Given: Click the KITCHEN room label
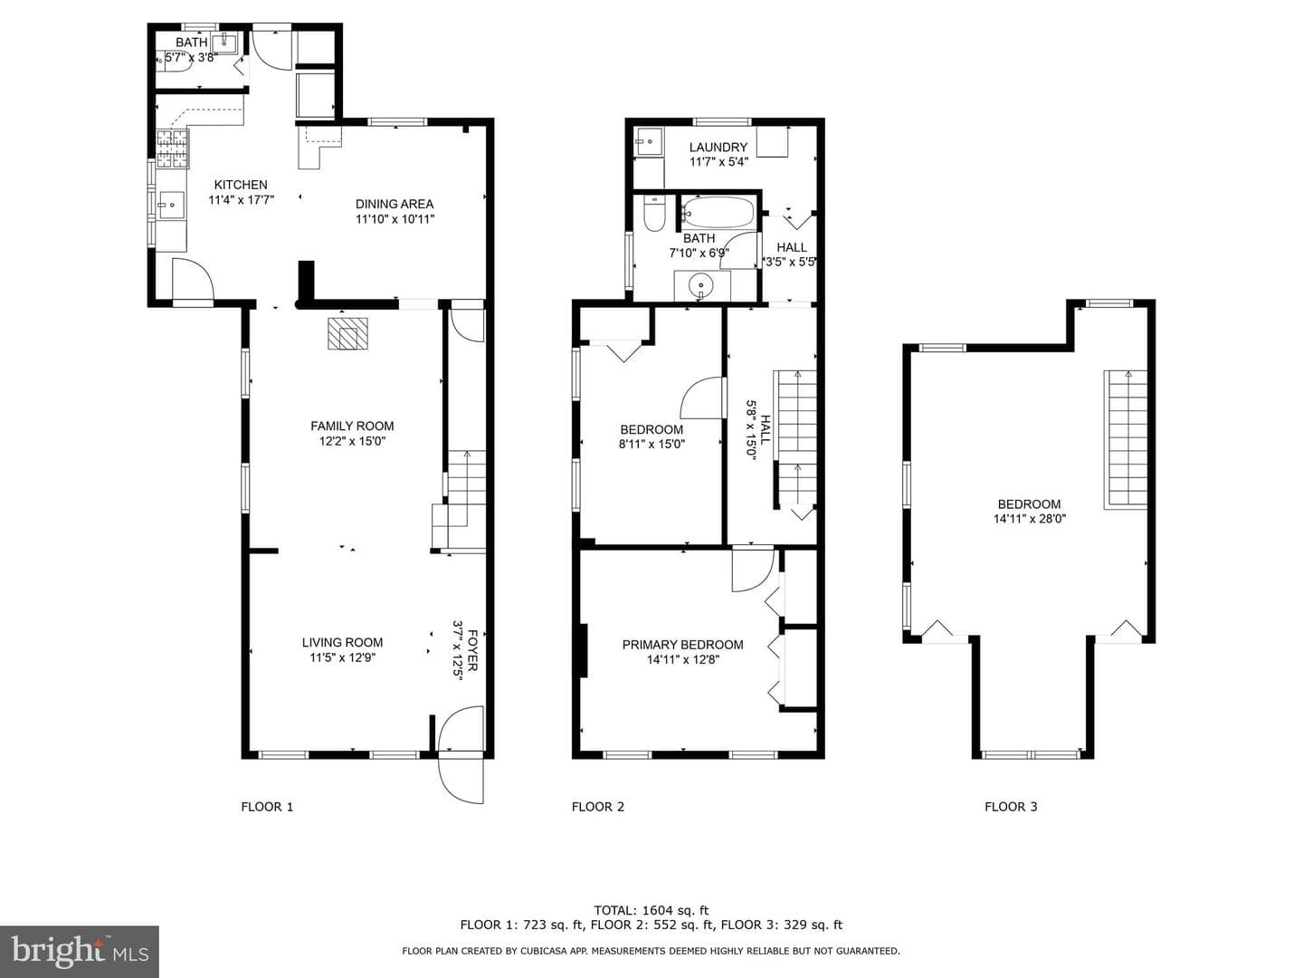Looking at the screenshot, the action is [241, 185].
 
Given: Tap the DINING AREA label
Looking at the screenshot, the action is [395, 205].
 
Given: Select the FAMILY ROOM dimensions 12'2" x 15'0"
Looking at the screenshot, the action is [352, 441].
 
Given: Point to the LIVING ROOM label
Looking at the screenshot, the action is [342, 643].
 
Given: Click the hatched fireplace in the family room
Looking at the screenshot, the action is [347, 334].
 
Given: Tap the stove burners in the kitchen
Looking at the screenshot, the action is [172, 148].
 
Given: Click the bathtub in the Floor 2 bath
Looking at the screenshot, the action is [718, 212].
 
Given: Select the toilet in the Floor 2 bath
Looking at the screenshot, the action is [654, 214].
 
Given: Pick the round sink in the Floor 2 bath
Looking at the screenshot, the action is [701, 285].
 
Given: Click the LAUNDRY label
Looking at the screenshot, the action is [718, 148].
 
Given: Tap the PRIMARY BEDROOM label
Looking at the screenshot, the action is [682, 645].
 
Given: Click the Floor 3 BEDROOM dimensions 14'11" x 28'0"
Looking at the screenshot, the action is [1030, 519].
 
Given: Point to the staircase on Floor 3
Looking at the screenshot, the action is [1125, 439].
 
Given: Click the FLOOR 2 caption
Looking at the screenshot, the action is [598, 807].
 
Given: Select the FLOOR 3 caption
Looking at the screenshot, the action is [1011, 807].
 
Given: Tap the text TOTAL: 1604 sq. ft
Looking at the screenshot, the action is [651, 910].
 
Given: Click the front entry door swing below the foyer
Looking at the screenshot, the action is [461, 779].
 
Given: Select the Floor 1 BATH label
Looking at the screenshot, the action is [191, 43].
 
